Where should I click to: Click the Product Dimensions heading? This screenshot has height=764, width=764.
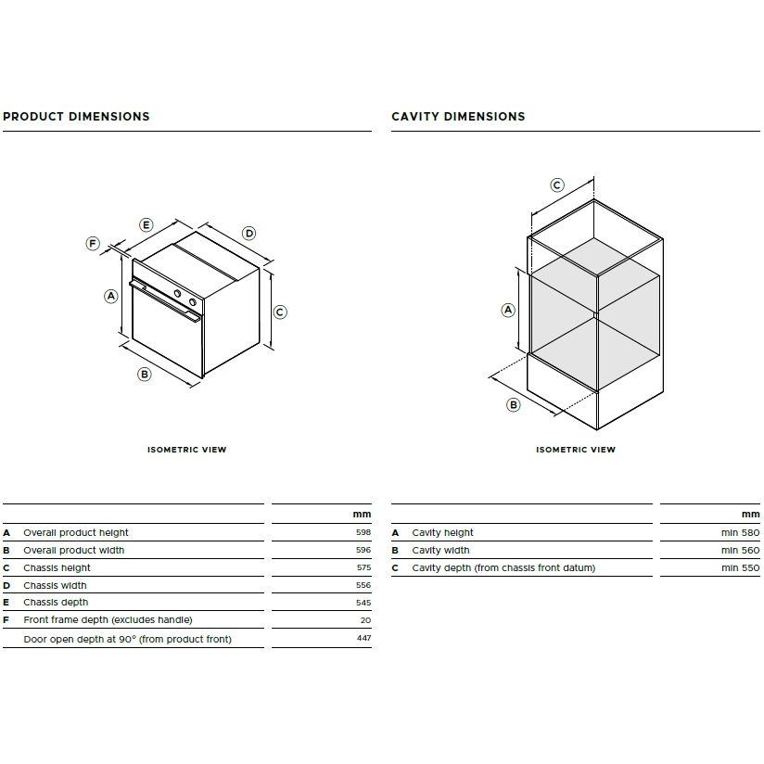pos(76,117)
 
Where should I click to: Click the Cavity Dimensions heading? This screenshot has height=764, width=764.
pos(458,117)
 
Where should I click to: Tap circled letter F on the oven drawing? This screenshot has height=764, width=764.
pos(93,243)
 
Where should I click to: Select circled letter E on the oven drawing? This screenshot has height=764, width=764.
pos(146,224)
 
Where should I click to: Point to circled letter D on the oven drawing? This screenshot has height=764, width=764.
pos(249,233)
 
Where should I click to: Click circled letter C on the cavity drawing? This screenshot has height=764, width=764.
pos(557,185)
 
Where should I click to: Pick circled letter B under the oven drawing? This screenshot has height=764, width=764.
pos(145,375)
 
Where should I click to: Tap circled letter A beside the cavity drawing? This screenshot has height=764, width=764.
pos(508,310)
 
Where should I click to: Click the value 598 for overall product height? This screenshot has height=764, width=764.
pos(363,532)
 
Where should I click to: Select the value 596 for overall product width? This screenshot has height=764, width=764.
pos(363,550)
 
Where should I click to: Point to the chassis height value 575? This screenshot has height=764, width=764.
pos(363,567)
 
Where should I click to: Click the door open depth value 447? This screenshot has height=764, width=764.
pos(364,638)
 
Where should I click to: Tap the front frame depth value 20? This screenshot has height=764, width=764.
pos(366,620)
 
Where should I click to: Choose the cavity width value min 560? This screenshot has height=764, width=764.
pos(741,550)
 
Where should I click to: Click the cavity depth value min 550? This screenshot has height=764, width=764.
pos(741,567)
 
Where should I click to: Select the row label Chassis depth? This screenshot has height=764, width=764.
pos(56,603)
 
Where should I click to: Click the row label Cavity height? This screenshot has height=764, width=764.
pos(442,532)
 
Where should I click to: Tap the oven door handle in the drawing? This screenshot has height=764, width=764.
pos(165,300)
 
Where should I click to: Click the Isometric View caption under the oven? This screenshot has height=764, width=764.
pos(187,450)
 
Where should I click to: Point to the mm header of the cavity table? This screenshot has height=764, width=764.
pos(751,514)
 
